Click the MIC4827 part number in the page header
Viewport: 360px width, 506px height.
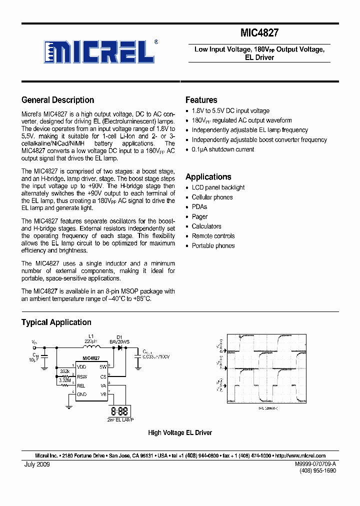pos(259,33)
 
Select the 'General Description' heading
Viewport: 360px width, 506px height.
pos(58,100)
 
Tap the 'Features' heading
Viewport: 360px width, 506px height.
pos(201,100)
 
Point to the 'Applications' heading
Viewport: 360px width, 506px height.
pos(208,177)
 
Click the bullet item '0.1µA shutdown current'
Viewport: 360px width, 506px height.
pos(222,149)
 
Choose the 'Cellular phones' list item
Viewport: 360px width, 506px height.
pos(212,197)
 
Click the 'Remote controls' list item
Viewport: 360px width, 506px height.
pos(213,236)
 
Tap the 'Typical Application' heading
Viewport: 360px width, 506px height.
pos(56,322)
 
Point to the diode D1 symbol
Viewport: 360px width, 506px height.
pos(120,347)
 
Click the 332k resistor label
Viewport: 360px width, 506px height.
pos(64,372)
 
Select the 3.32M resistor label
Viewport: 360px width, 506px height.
pos(65,381)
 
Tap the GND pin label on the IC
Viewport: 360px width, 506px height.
pos(81,394)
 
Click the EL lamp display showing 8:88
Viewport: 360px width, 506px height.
pos(119,411)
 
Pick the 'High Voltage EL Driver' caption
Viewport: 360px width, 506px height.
pos(180,432)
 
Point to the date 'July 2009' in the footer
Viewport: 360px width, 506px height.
pos(37,464)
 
